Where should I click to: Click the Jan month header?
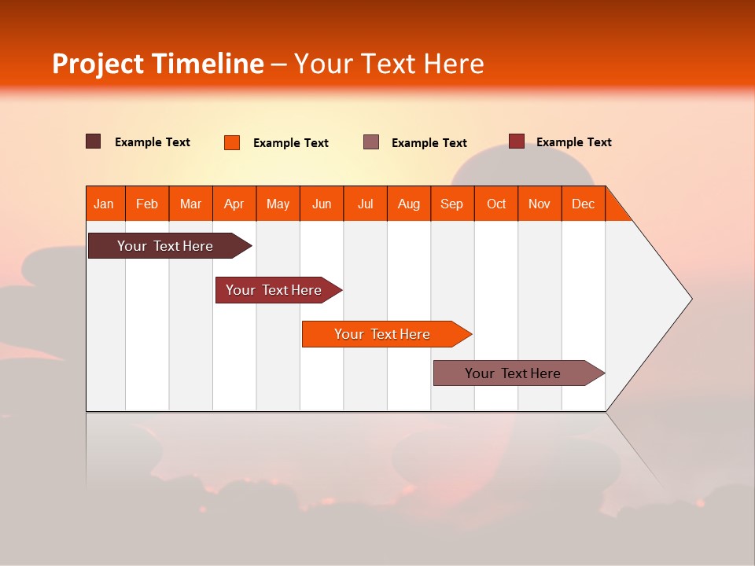104,204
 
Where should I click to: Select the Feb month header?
147,204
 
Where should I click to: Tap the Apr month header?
234,204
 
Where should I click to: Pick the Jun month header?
322,204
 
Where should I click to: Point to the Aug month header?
409,204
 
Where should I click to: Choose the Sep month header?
451,204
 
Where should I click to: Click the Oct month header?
496,204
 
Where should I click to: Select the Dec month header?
583,204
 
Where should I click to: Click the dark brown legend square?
94,141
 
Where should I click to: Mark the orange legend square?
232,142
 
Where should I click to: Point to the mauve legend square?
371,142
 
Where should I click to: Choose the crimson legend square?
517,141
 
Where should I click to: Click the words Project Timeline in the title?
157,64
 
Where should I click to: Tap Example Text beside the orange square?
290,143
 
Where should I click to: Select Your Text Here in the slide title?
389,64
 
